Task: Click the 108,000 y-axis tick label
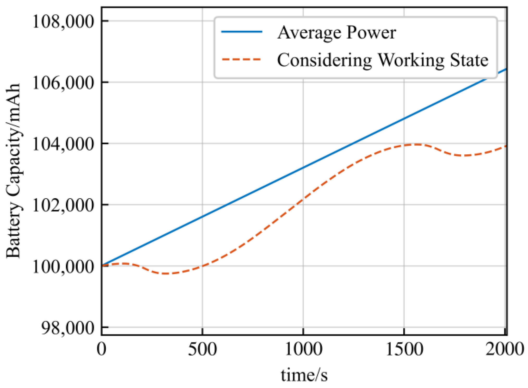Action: point(63,22)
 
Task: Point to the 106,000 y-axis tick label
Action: point(63,83)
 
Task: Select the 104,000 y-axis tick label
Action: point(63,144)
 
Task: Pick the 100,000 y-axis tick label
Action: point(63,267)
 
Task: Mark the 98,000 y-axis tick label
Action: point(67,328)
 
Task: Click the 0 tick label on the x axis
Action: point(101,349)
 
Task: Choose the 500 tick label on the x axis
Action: point(202,349)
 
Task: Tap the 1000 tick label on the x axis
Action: point(303,349)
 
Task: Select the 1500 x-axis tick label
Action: point(404,349)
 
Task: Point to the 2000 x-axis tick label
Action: point(504,349)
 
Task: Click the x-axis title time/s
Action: point(304,375)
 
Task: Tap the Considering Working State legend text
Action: point(383,60)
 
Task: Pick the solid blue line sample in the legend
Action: point(242,32)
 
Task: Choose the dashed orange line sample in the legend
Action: point(242,59)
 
